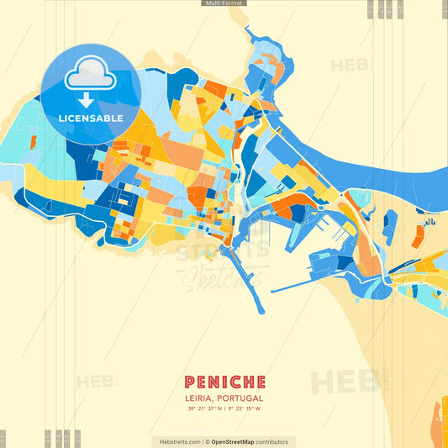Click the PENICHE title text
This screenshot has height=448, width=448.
pos(224,382)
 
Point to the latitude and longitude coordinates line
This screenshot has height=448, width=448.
pos(224,409)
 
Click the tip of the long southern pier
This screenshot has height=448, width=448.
pos(261,311)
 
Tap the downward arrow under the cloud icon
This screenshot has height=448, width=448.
pos(86,100)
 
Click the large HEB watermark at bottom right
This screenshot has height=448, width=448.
pos(345,382)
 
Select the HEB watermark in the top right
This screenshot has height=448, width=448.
pos(350,66)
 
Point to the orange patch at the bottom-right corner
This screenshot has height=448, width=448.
pos(438,420)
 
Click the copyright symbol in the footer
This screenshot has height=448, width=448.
pos(206,441)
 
